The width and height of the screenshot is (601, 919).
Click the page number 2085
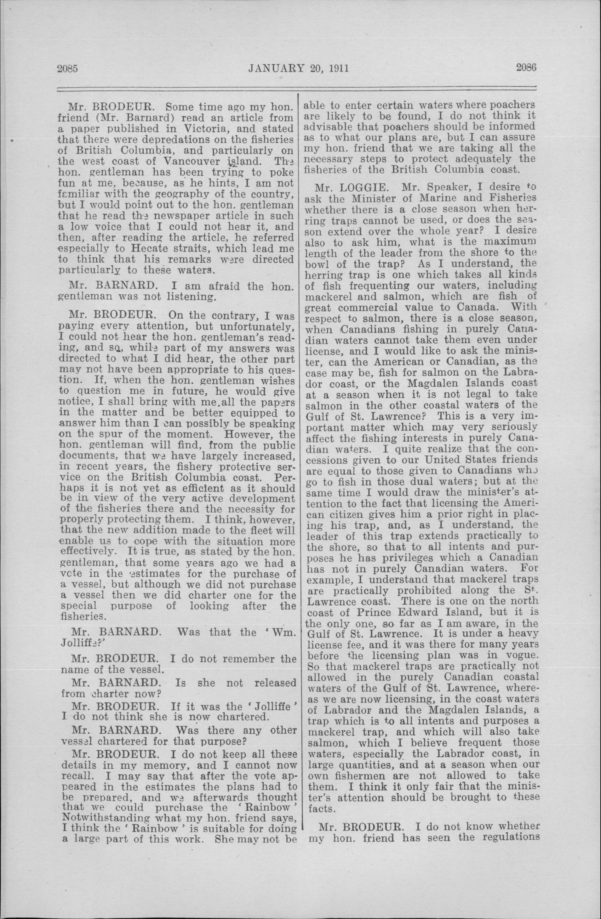click(68, 69)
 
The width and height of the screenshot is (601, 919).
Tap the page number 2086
click(526, 68)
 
